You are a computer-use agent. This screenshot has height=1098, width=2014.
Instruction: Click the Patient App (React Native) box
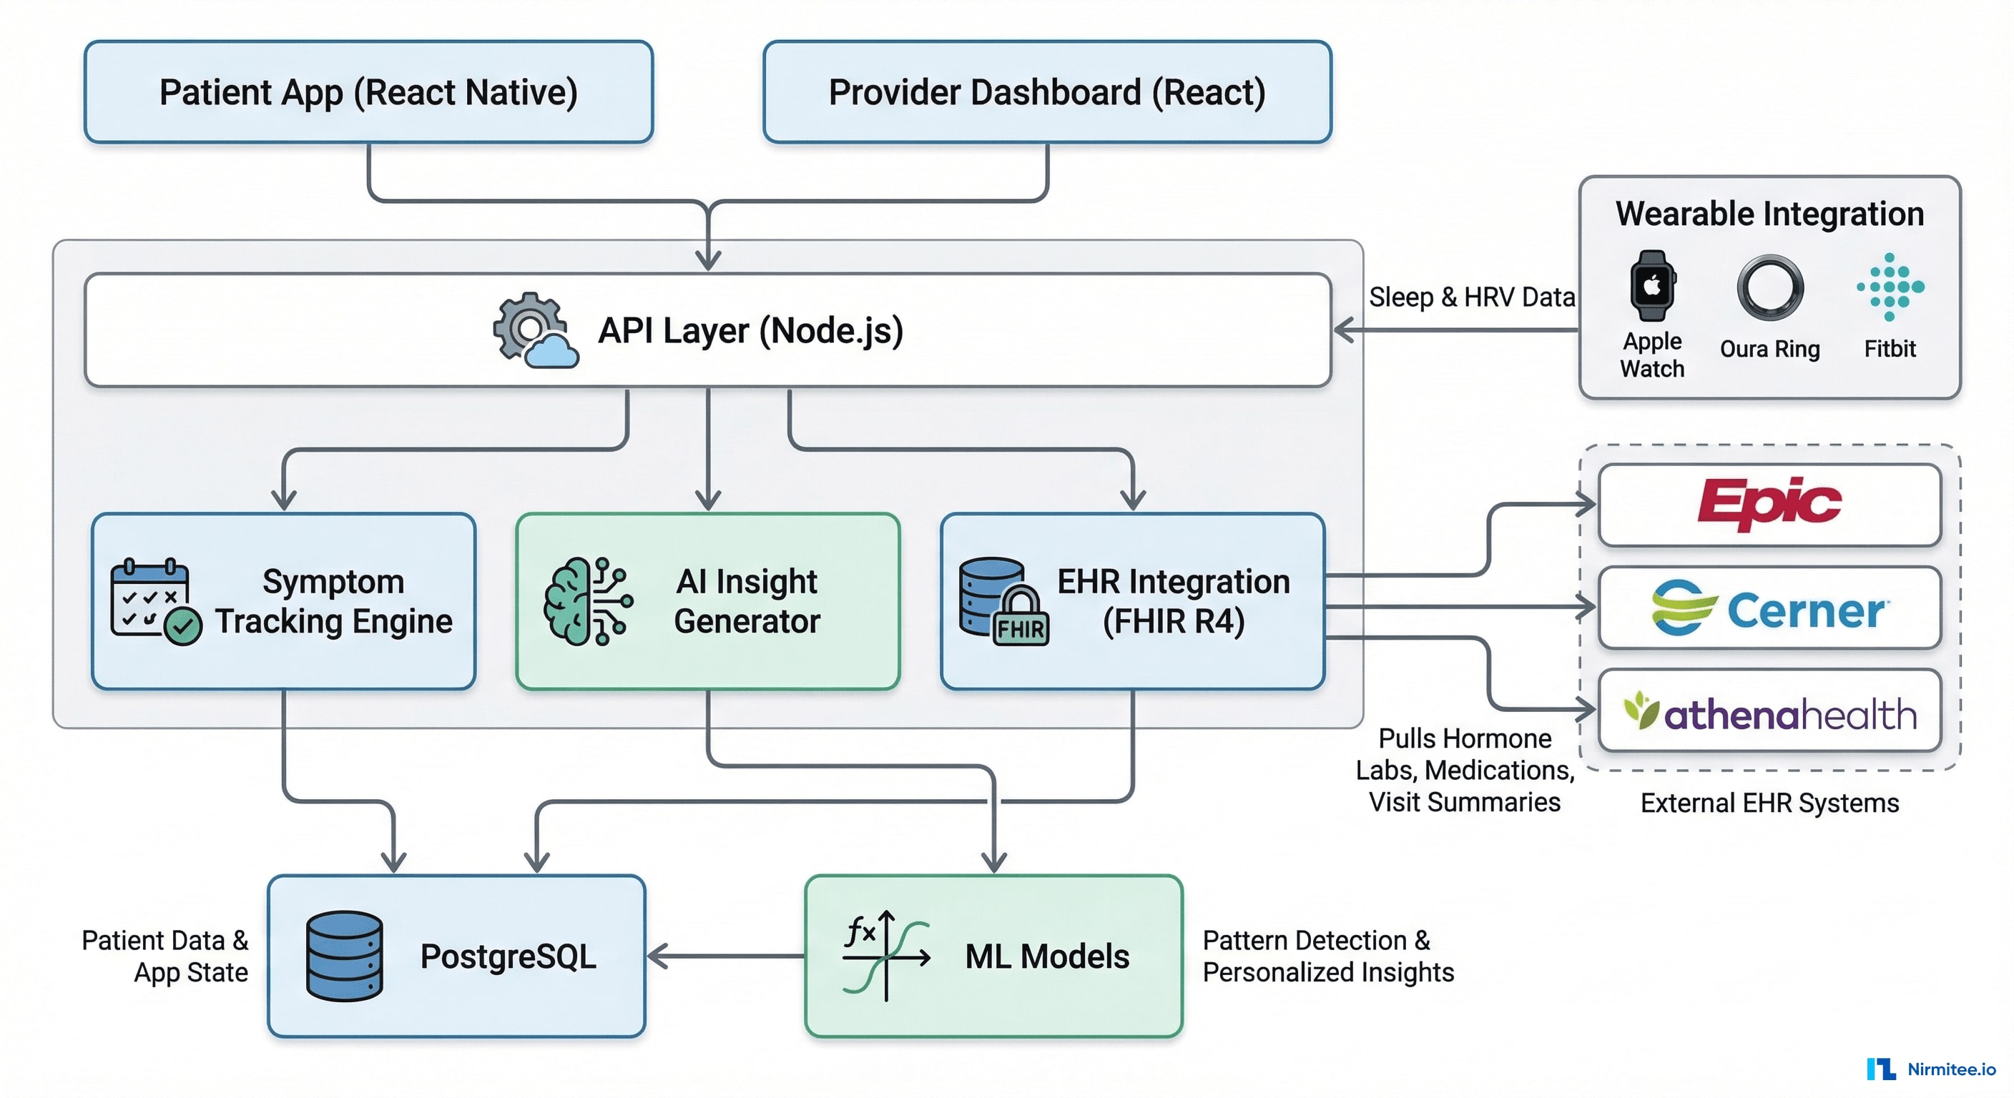pos(368,92)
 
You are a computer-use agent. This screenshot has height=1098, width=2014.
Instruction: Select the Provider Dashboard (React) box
pos(1047,92)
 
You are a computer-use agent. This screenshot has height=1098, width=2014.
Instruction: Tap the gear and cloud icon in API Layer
pos(535,330)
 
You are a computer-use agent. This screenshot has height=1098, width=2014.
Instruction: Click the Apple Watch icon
pos(1651,285)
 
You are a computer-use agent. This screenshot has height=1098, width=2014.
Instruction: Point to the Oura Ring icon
pos(1769,287)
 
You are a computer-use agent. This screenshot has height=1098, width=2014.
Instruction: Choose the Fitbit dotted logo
pos(1890,287)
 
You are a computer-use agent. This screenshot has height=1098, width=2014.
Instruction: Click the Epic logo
pos(1769,504)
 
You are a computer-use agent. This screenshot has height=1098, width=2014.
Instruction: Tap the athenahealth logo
pos(1769,712)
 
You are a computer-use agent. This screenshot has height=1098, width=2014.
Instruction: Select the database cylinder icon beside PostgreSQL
pos(344,956)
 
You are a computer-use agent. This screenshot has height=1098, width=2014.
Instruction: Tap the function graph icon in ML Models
pos(886,956)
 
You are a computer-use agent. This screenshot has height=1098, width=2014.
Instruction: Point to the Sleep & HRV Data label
pos(1470,297)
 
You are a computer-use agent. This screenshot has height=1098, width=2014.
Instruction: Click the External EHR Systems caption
pos(1769,803)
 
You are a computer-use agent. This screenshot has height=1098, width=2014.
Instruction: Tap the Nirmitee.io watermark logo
pos(1930,1068)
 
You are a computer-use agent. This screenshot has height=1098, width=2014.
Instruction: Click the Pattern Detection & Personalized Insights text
pos(1327,956)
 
